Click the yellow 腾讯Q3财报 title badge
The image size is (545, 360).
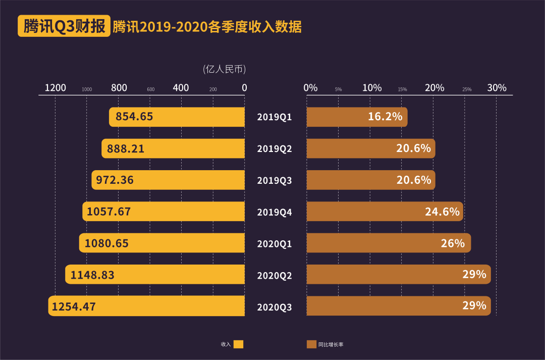(x=64, y=27)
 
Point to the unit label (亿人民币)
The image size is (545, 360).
(x=224, y=69)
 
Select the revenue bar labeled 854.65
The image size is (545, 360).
(x=177, y=117)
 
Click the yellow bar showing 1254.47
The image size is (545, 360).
(x=146, y=306)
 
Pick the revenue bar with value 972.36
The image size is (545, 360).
(x=168, y=180)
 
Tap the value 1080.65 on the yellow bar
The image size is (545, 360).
(x=106, y=243)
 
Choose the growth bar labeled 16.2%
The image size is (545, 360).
(x=357, y=117)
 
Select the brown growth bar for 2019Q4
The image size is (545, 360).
(x=385, y=212)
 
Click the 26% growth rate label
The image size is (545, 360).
(x=452, y=243)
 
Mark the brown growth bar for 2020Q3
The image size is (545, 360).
(x=399, y=306)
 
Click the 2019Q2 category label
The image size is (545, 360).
(x=275, y=149)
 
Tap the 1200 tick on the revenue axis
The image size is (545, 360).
(x=56, y=88)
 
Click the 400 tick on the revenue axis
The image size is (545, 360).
(x=181, y=88)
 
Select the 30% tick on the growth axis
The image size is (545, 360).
(x=497, y=88)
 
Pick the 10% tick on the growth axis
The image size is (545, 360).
(x=372, y=88)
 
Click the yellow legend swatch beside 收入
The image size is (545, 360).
(x=239, y=344)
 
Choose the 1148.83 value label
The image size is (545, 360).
(x=92, y=275)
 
